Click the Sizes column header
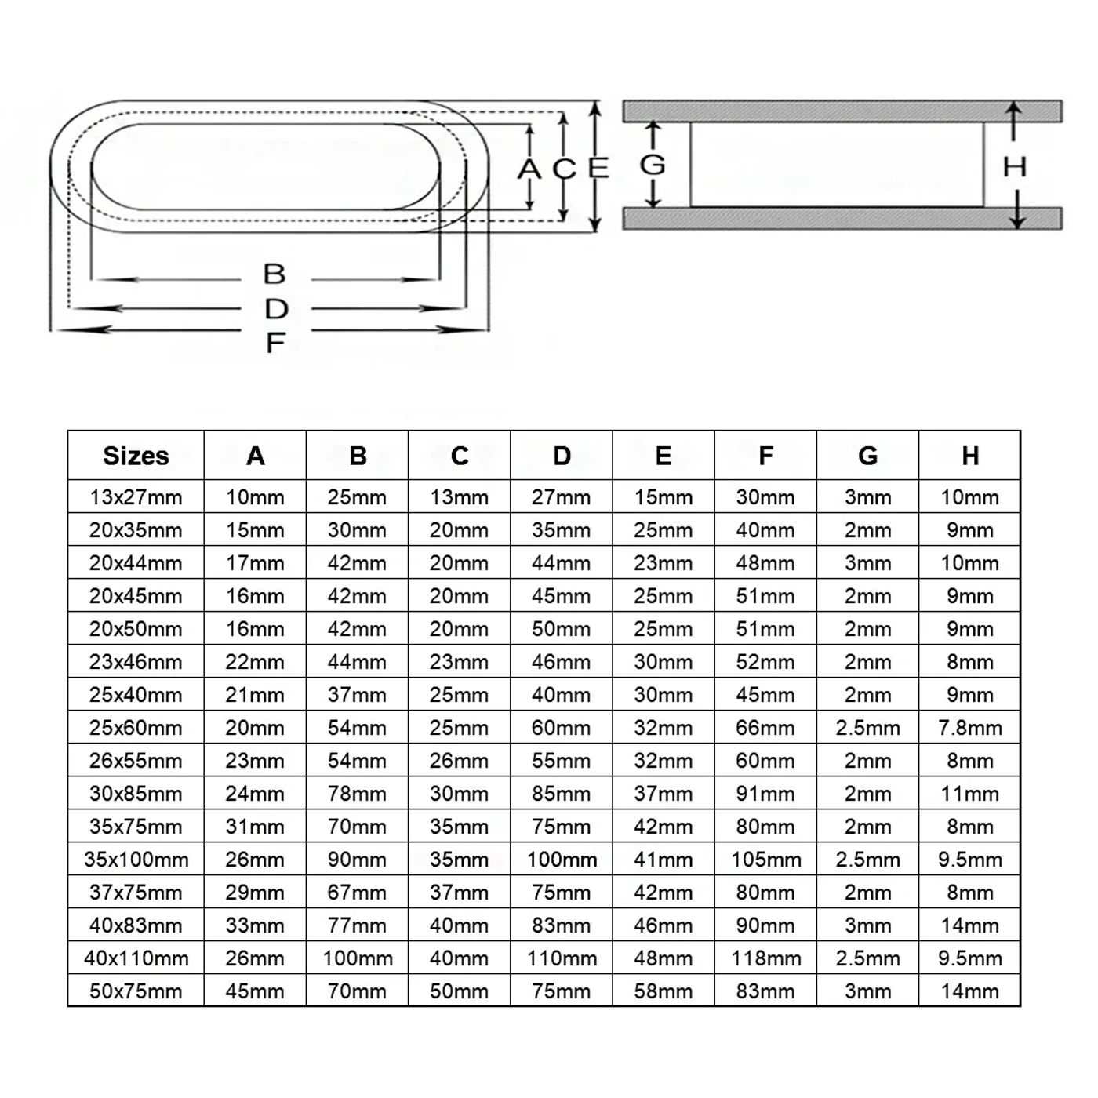point(136,456)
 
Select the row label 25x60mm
point(136,728)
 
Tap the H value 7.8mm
point(970,728)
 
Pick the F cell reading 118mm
point(765,958)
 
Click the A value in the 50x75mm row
point(255,991)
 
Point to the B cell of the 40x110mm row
point(358,958)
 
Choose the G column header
point(867,456)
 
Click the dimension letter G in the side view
point(653,165)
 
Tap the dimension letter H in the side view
point(1015,166)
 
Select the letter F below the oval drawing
point(274,343)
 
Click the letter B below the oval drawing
point(274,274)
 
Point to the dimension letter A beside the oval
point(529,169)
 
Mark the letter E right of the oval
point(598,167)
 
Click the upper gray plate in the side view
point(842,111)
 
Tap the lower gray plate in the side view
point(842,218)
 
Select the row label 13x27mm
point(136,497)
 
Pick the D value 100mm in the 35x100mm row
point(562,860)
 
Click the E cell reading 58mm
point(664,991)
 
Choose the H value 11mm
point(970,794)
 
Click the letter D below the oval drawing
point(276,309)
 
